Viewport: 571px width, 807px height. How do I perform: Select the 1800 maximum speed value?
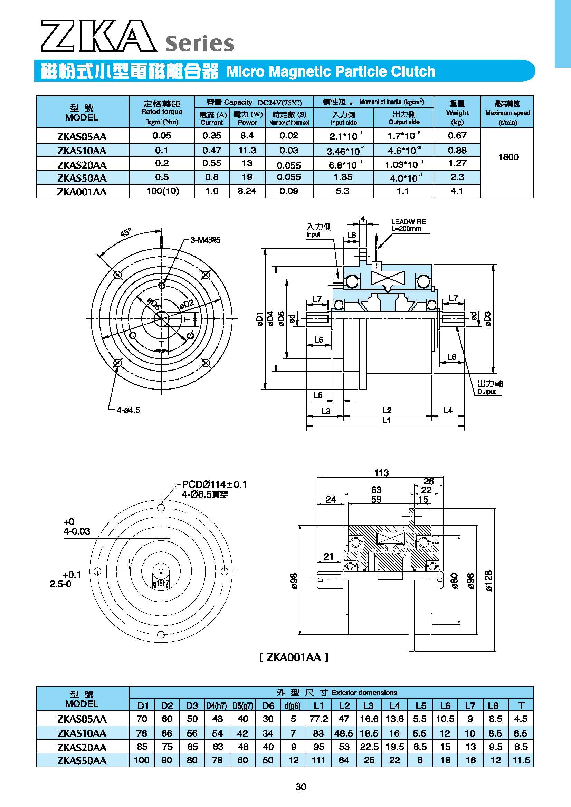[x=508, y=157]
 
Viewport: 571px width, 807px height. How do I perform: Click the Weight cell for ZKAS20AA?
[x=457, y=163]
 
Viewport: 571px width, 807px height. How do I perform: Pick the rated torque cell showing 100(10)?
[x=162, y=191]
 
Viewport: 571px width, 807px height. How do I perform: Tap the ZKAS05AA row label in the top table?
[x=82, y=136]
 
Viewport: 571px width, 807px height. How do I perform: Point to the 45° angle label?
[x=125, y=232]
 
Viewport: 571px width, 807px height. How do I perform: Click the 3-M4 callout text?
[x=205, y=240]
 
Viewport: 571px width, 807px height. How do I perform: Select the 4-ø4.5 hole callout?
[x=129, y=410]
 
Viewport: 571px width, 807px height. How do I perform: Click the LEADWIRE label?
[x=409, y=222]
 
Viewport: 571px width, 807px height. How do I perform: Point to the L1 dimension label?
[x=386, y=420]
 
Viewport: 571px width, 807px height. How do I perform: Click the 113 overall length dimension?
[x=381, y=473]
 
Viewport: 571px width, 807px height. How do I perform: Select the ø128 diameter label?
[x=489, y=581]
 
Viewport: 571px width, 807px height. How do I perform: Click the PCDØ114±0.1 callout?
[x=214, y=484]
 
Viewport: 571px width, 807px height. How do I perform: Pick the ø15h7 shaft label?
[x=161, y=583]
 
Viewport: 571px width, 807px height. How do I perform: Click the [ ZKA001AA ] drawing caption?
[x=294, y=657]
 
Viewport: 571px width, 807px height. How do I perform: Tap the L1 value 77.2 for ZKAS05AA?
[x=318, y=719]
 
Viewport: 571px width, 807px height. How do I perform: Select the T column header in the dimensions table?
[x=521, y=705]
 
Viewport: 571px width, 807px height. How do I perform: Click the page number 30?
[x=301, y=787]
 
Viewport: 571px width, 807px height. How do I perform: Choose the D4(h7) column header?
[x=217, y=705]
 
